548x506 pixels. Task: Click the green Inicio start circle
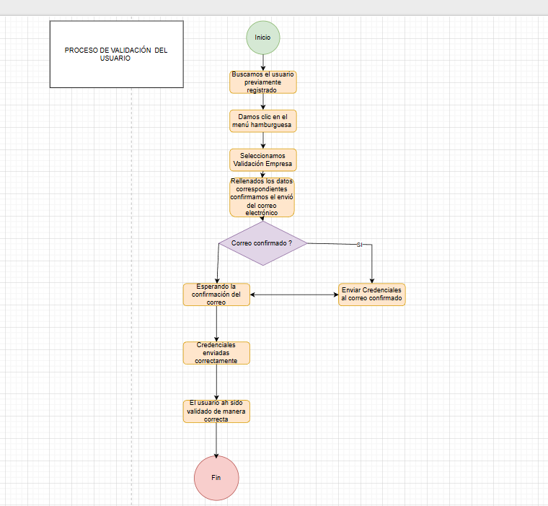[x=262, y=37]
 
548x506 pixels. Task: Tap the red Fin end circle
[x=216, y=478]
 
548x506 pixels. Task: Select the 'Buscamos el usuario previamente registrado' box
[x=262, y=82]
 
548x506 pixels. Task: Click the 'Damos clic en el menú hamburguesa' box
[x=262, y=121]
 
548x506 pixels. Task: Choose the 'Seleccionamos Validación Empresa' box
[x=262, y=159]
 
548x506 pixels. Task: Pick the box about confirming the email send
[x=262, y=197]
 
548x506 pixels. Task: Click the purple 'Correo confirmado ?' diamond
[x=262, y=243]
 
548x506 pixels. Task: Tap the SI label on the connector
[x=359, y=245]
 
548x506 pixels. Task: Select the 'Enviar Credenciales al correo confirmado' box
[x=372, y=294]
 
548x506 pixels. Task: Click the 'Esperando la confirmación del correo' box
[x=216, y=294]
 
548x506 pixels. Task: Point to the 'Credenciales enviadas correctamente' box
[x=216, y=352]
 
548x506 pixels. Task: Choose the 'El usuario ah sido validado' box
[x=216, y=411]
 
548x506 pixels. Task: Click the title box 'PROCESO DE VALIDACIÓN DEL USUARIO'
[x=116, y=54]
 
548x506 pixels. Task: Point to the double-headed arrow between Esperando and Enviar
[x=294, y=294]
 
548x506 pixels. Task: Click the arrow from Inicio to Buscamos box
[x=262, y=62]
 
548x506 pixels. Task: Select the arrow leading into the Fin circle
[x=216, y=440]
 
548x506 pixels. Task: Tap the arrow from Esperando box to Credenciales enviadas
[x=216, y=323]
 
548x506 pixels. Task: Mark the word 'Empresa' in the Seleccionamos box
[x=277, y=164]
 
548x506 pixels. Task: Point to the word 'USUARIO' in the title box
[x=115, y=58]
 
